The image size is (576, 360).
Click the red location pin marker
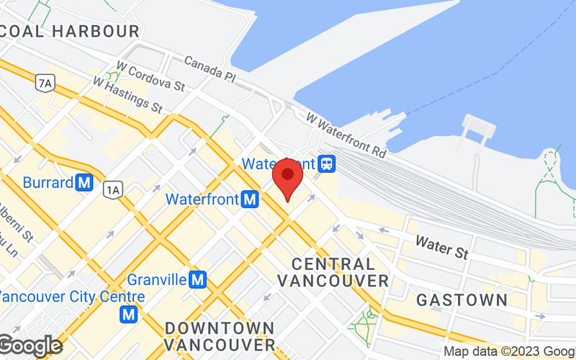[x=287, y=179]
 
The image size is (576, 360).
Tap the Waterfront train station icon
[x=328, y=163]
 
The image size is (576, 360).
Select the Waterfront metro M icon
[x=251, y=199]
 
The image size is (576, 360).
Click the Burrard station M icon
[x=85, y=183]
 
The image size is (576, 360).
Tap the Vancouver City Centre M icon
[x=129, y=314]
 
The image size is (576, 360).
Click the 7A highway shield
[x=45, y=84]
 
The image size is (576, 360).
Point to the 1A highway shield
[x=112, y=189]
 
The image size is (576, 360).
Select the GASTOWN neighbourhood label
[x=462, y=300]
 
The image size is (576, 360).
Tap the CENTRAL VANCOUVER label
[x=333, y=272]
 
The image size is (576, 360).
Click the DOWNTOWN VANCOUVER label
[x=220, y=336]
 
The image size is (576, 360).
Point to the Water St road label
[x=442, y=248]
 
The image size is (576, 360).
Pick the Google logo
[x=30, y=346]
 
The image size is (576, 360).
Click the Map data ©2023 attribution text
[x=508, y=351]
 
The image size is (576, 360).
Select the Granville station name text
[x=157, y=279]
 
